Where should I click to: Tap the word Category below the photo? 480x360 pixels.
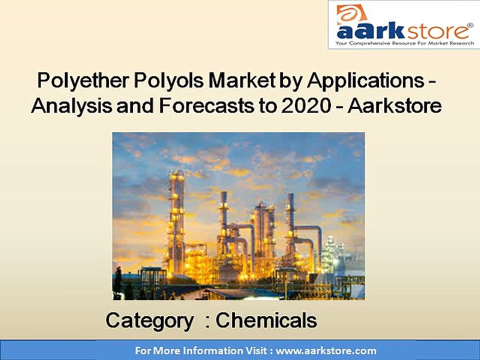[149, 320]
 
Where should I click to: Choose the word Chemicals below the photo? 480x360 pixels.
[266, 320]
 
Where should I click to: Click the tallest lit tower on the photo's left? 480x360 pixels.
[176, 220]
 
